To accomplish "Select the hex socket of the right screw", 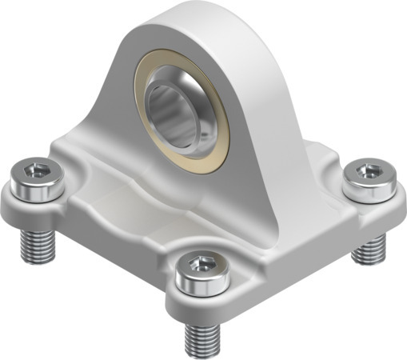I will tap(368, 170).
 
